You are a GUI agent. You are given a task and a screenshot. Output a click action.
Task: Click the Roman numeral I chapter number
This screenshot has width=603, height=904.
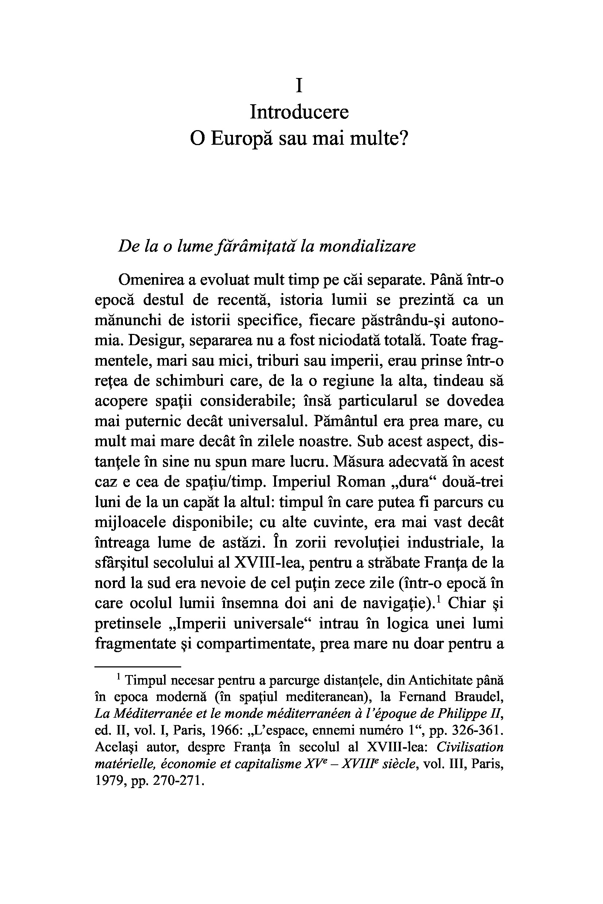299,85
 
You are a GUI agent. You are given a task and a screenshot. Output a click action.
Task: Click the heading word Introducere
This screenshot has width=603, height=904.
299,112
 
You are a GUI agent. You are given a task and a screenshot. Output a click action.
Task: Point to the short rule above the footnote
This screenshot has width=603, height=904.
138,667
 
